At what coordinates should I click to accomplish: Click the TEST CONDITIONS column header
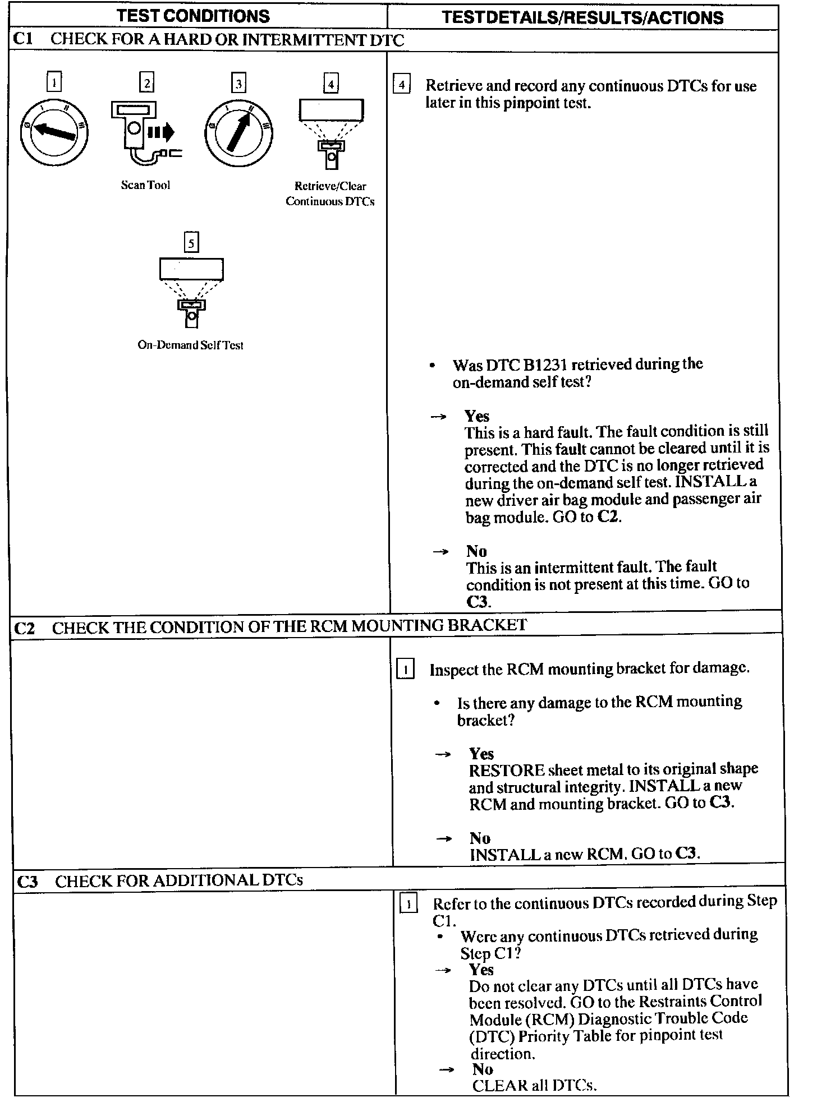click(x=193, y=16)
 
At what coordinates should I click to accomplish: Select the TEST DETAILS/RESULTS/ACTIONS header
click(x=582, y=17)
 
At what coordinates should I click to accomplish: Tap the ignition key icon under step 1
click(x=54, y=132)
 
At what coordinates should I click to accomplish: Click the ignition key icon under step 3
click(x=238, y=133)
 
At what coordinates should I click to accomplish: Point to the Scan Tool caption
click(x=145, y=185)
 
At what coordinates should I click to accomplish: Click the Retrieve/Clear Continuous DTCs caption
click(x=330, y=193)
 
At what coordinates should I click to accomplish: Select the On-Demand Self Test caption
click(x=190, y=345)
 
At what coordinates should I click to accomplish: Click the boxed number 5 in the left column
click(x=191, y=243)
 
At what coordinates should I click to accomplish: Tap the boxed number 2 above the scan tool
click(x=146, y=83)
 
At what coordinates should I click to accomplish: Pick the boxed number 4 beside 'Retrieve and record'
click(x=401, y=85)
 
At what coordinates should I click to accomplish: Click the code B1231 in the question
click(x=544, y=365)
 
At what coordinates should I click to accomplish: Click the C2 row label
click(x=25, y=628)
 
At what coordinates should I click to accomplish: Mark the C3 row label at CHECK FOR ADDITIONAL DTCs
click(x=27, y=882)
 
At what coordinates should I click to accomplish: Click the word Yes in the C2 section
click(x=481, y=754)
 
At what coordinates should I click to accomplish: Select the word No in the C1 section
click(x=476, y=551)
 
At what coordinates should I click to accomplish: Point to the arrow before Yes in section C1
click(x=438, y=417)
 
